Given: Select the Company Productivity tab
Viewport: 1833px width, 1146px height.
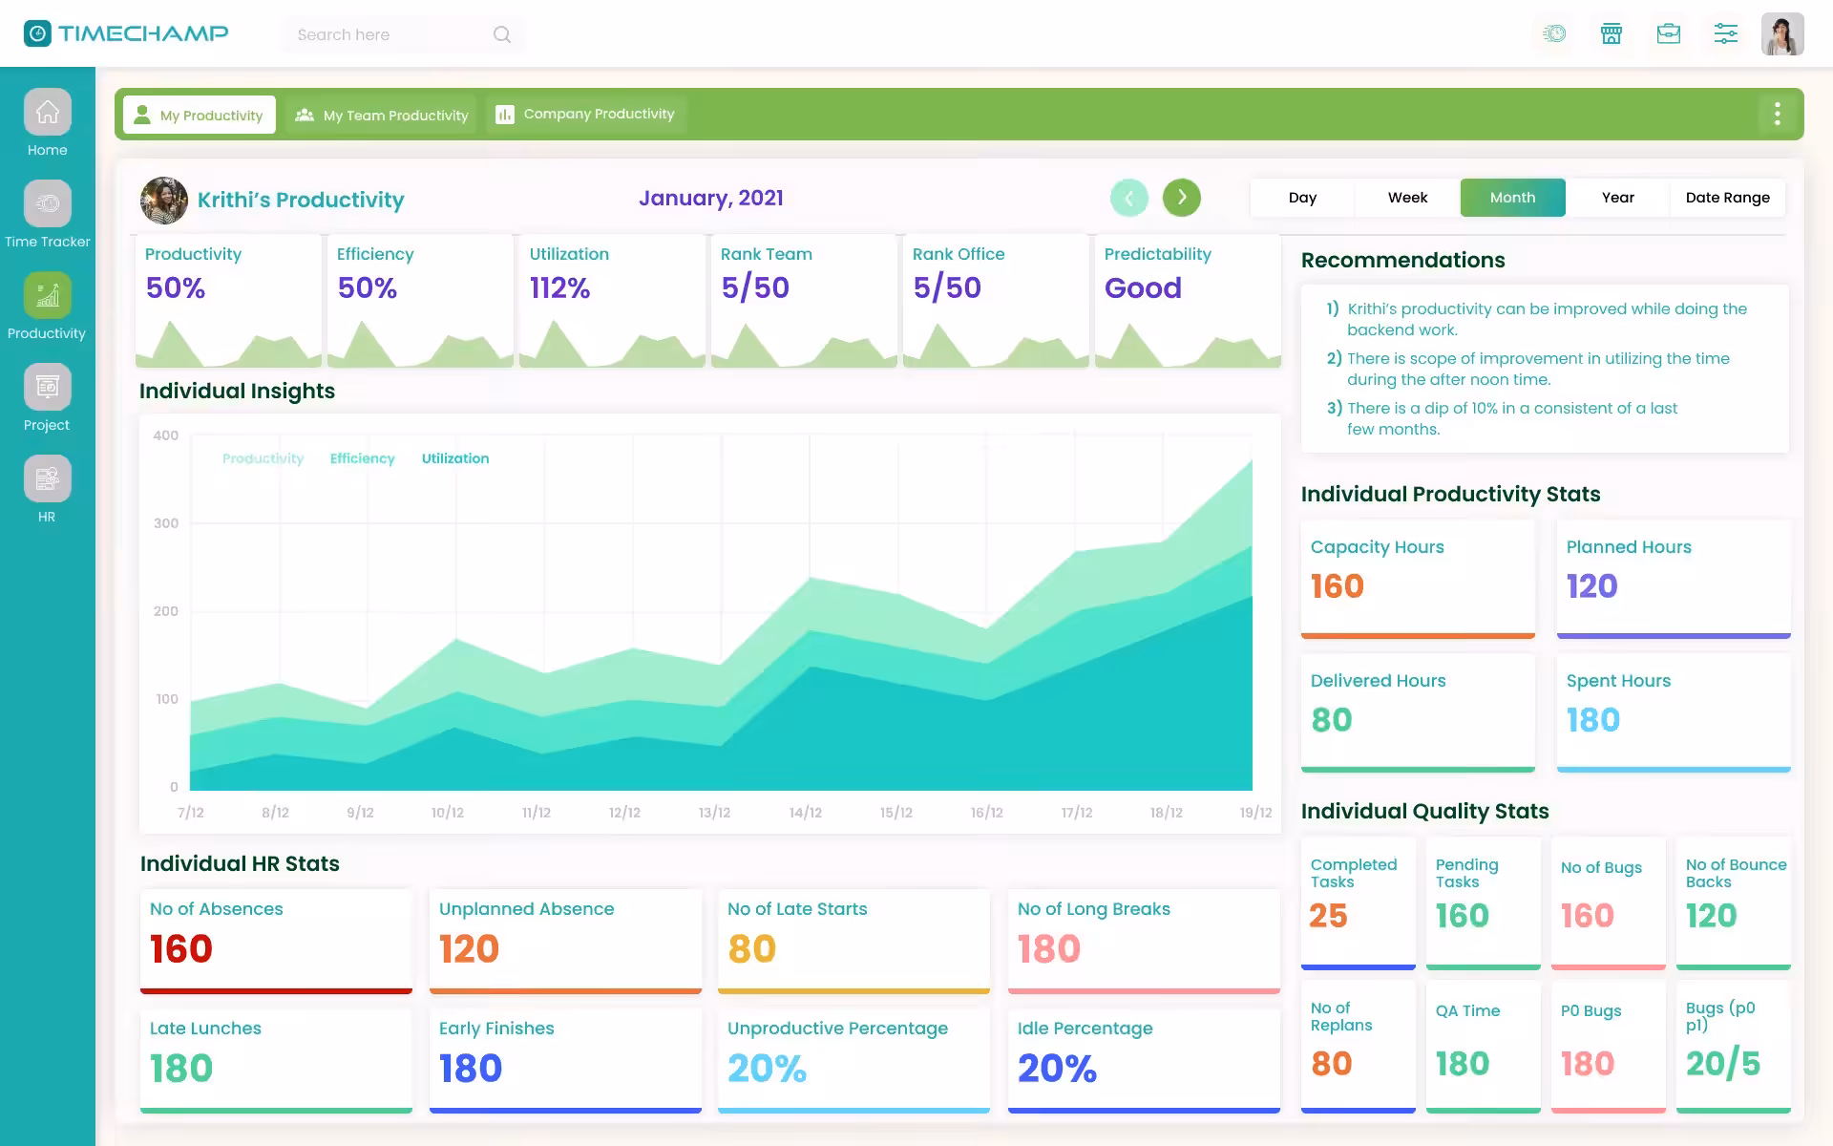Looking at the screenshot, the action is click(585, 115).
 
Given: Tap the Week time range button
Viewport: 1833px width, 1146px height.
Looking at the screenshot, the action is click(1407, 198).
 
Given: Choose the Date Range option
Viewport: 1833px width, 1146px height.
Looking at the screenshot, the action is click(1727, 198).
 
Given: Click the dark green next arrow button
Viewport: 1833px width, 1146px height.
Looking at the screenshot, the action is click(1181, 198).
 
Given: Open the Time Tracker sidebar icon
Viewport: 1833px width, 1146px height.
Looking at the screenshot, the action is click(48, 203).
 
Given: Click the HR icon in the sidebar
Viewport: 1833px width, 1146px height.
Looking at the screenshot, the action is click(48, 478).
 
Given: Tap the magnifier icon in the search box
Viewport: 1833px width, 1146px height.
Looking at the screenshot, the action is click(502, 35).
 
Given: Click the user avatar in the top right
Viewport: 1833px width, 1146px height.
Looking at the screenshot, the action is click(1781, 34).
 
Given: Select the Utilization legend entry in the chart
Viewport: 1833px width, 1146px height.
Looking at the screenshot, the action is click(455, 458).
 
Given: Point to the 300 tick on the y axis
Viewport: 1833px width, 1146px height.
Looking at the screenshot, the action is click(166, 523).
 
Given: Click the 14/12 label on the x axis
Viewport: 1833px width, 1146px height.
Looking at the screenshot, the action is click(805, 813).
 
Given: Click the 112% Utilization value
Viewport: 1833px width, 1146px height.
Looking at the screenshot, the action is click(559, 287).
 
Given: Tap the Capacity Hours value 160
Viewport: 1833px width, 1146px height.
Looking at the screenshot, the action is click(1337, 586).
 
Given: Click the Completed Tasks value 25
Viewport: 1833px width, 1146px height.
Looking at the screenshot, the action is click(1328, 916).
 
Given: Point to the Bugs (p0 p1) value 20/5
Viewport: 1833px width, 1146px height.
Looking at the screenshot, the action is click(1722, 1064).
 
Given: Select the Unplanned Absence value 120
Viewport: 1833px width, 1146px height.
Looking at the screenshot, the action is click(469, 949).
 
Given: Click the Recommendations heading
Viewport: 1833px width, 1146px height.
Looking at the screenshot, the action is click(1402, 260).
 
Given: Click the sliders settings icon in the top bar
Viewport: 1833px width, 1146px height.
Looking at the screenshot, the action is click(1725, 34).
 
